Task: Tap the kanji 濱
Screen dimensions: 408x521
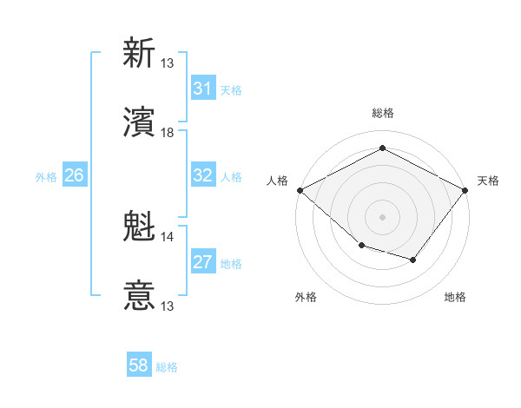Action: click(x=139, y=122)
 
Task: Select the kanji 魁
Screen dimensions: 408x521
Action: click(x=139, y=227)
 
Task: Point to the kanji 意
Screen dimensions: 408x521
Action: click(x=139, y=296)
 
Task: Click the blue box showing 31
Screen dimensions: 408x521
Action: click(x=202, y=89)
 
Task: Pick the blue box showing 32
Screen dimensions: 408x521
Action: click(x=202, y=175)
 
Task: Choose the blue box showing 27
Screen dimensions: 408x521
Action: click(x=202, y=262)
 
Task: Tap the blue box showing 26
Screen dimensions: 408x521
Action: click(x=74, y=175)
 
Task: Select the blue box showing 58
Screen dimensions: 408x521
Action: click(x=139, y=365)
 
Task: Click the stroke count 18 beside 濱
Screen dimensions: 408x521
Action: click(x=168, y=133)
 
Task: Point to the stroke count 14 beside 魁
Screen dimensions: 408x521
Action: click(x=168, y=236)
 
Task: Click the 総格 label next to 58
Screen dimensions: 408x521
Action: click(x=167, y=367)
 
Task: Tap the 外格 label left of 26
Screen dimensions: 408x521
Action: click(x=46, y=177)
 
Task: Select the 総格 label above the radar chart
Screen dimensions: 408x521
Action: click(x=383, y=113)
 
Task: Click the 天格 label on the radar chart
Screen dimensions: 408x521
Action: click(x=488, y=181)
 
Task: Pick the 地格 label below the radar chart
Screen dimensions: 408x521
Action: click(x=455, y=297)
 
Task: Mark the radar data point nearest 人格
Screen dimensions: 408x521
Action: click(x=300, y=189)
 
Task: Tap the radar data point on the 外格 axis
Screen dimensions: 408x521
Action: click(x=361, y=246)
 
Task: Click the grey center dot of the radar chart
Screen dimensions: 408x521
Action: click(x=383, y=216)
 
